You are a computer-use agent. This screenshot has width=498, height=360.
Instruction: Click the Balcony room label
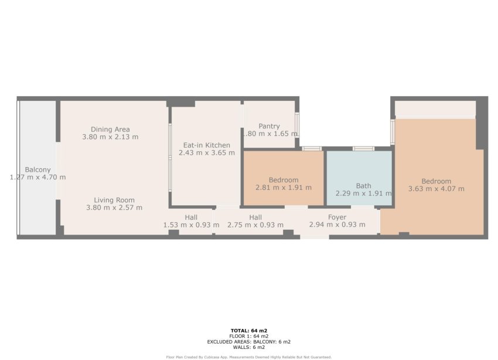[x=37, y=169]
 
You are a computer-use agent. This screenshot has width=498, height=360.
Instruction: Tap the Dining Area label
[x=110, y=130]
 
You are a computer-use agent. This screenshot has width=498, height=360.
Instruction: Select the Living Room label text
[x=114, y=200]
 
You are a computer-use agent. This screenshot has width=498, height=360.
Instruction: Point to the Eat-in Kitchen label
[x=206, y=145]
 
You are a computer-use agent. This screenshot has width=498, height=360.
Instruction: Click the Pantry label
[x=269, y=126]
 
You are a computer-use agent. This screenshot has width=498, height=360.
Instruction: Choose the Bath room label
[x=363, y=185]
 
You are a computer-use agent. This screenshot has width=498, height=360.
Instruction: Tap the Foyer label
[x=337, y=218]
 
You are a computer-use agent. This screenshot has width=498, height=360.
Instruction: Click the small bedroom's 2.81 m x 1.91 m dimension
[x=284, y=188]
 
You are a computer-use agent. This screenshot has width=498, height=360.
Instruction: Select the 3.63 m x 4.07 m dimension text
[x=436, y=189]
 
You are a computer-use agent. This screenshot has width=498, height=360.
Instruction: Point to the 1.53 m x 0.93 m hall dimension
[x=191, y=225]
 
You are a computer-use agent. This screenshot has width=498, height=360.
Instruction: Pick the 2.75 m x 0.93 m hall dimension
[x=255, y=225]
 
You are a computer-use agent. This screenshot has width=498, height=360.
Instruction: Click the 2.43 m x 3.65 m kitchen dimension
[x=206, y=153]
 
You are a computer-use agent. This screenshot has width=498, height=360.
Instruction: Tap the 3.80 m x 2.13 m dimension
[x=110, y=137]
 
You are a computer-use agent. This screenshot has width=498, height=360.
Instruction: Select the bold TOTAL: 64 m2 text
[x=249, y=331]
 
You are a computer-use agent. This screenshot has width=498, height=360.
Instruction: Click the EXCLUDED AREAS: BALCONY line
[x=249, y=341]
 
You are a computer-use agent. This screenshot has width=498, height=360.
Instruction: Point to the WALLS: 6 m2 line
[x=249, y=347]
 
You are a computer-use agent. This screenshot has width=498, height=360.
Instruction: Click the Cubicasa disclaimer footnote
[x=249, y=356]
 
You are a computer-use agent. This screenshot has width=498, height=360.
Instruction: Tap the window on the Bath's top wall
[x=363, y=148]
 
